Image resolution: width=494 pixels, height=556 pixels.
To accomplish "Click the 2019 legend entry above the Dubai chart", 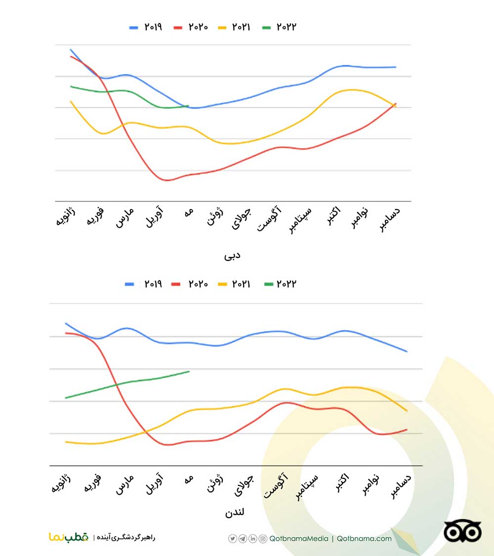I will pos(146,27).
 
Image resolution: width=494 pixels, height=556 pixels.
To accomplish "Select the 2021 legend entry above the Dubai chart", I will pos(234,27).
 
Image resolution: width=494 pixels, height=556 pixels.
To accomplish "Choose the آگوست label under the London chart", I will pos(275,485).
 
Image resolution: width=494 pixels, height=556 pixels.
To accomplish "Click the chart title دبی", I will pos(232,256).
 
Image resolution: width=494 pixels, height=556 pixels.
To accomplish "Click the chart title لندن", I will pos(235,513).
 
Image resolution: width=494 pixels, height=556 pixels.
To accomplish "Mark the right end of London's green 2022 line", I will pos(189,371).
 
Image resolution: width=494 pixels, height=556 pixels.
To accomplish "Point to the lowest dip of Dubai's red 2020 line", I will pos(166,180).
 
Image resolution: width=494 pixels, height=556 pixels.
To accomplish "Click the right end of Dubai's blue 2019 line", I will pos(396,67).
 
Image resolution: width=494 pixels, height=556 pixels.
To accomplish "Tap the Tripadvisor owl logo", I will pos(462,532).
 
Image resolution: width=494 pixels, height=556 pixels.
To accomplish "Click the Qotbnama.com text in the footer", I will pos(364,539).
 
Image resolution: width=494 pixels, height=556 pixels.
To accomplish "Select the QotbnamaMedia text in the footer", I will pos(299,539).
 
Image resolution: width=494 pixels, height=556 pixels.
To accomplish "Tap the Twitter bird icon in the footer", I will pos(233,539).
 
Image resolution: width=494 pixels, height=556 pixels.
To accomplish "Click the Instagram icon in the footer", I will pos(263,539).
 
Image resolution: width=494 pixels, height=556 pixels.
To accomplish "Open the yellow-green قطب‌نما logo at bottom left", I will pos(69,537).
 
